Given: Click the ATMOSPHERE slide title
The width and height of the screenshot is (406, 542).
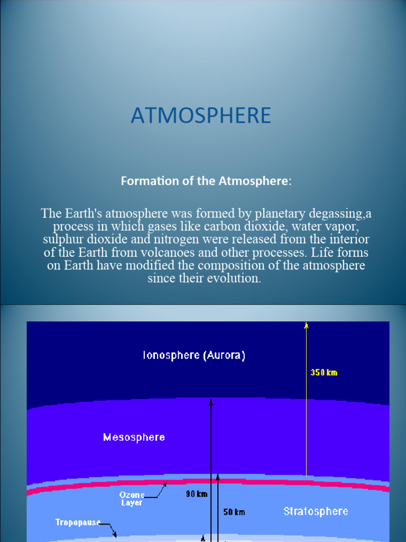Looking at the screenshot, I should pos(201,115).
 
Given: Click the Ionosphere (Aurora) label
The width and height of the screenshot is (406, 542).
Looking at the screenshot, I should pos(194,356).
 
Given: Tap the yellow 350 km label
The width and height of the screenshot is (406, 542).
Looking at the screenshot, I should pos(324,373).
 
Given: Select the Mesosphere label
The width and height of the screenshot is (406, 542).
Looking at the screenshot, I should pos(134,437).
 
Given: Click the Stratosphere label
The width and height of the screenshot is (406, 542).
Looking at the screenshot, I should pos(316,511).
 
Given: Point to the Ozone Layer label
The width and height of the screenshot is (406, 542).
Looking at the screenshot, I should pos(132,499).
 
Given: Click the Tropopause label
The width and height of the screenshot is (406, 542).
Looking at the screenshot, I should pos(78,522).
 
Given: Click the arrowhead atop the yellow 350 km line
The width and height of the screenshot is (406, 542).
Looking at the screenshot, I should pos(306,325).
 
